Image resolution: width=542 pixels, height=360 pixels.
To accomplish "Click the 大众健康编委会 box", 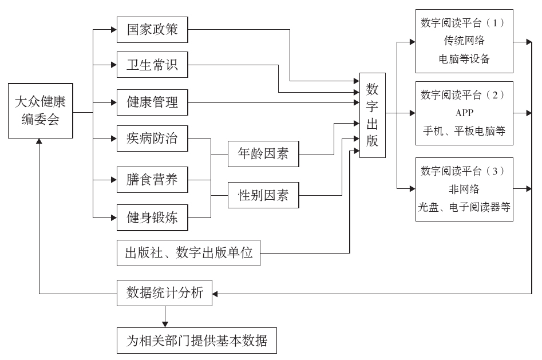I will pyautogui.click(x=41, y=112).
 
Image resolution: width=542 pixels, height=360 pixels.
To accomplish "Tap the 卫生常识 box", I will pyautogui.click(x=152, y=66).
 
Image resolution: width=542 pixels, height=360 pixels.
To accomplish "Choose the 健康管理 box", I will pyautogui.click(x=152, y=103).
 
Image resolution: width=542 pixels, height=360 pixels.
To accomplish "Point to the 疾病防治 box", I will pyautogui.click(x=152, y=139).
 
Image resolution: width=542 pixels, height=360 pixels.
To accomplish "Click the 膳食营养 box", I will pyautogui.click(x=152, y=180).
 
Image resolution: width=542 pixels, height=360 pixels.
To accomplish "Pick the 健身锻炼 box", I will pyautogui.click(x=152, y=217).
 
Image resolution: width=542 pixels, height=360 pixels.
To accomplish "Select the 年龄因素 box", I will pyautogui.click(x=263, y=154).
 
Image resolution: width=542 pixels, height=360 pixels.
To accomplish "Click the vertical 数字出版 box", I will pyautogui.click(x=373, y=115).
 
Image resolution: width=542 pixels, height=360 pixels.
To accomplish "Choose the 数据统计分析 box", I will pyautogui.click(x=164, y=294).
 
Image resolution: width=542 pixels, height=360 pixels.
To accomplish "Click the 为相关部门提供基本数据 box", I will pyautogui.click(x=197, y=342).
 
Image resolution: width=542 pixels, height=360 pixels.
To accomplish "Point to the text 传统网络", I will pyautogui.click(x=464, y=41).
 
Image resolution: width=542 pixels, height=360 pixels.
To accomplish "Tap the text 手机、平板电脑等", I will pyautogui.click(x=464, y=130).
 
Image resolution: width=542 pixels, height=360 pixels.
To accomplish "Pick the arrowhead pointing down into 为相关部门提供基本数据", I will pyautogui.click(x=165, y=324).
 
